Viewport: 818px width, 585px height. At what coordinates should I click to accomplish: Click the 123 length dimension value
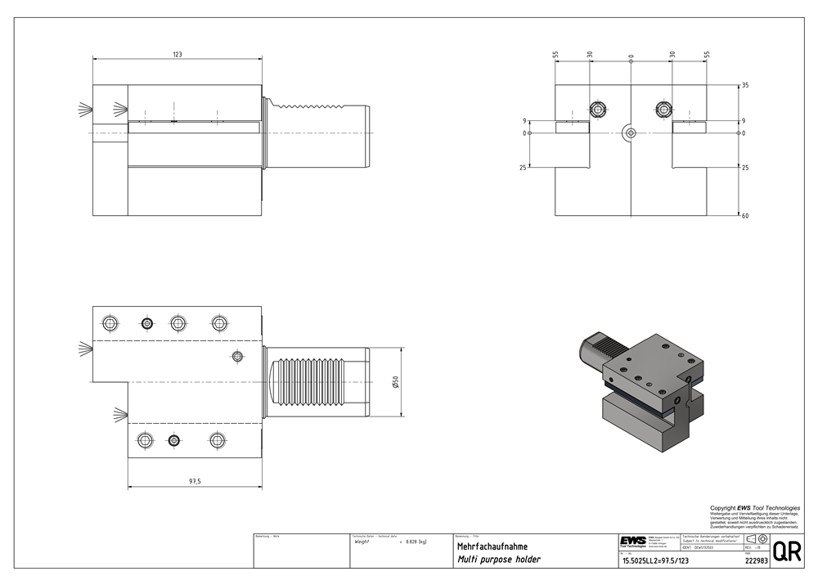[x=178, y=55]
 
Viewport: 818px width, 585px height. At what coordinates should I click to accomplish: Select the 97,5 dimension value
[x=195, y=481]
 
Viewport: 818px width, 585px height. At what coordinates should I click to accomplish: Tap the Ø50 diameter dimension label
[x=395, y=382]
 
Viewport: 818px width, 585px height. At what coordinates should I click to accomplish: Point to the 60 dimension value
[x=745, y=216]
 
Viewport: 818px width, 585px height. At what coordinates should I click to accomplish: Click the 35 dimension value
[x=745, y=85]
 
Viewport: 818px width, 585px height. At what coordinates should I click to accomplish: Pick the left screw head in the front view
[x=599, y=109]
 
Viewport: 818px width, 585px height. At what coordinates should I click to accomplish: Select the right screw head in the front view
[x=663, y=109]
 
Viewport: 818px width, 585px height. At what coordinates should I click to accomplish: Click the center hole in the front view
[x=629, y=133]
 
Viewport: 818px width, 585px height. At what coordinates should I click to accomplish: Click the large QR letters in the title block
[x=786, y=551]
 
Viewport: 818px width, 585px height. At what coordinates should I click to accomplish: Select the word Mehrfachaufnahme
[x=492, y=547]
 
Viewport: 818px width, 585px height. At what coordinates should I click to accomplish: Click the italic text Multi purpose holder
[x=498, y=560]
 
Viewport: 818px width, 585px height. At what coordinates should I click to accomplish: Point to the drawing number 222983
[x=757, y=561]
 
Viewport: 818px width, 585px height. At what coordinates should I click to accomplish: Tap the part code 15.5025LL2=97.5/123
[x=654, y=561]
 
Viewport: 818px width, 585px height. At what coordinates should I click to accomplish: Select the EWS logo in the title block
[x=632, y=542]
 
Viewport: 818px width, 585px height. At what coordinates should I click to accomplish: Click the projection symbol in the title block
[x=757, y=539]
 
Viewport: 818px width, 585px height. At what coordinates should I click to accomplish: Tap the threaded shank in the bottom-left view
[x=317, y=382]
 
